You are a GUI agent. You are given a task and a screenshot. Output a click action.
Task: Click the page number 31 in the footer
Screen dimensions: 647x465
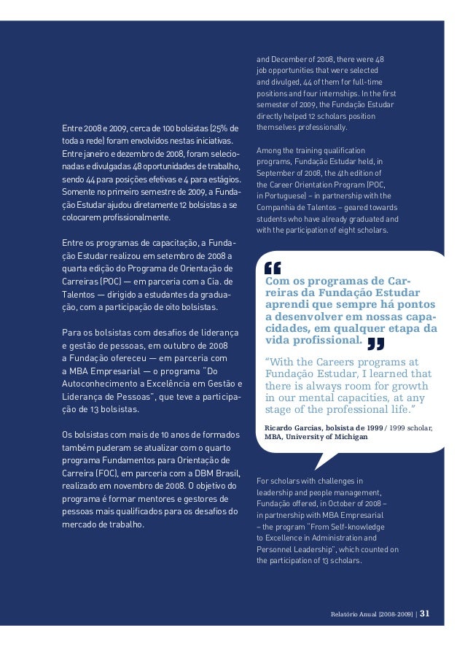425,613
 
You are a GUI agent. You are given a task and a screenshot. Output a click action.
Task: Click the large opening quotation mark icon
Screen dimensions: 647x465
272,269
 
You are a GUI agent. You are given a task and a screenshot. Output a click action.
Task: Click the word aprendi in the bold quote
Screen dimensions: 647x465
286,305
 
